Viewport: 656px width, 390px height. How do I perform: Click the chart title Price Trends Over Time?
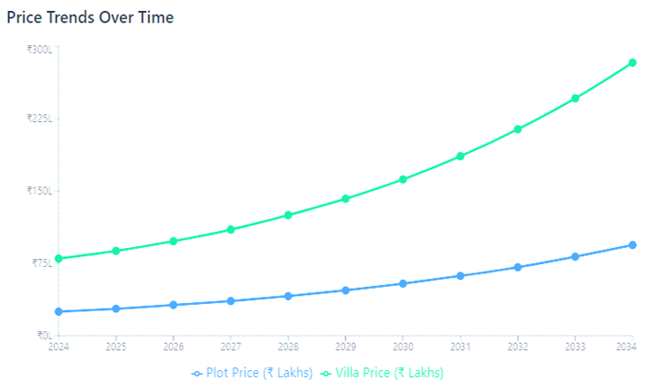click(x=90, y=17)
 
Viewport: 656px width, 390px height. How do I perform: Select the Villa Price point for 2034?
click(x=633, y=62)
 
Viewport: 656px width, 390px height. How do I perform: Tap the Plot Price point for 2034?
click(x=633, y=245)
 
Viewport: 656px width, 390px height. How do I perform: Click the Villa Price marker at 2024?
click(x=59, y=259)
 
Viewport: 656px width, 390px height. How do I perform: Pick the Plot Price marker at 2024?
click(x=59, y=311)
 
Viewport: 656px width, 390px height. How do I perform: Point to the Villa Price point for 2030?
click(x=403, y=179)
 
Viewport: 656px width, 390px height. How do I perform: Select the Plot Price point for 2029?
click(x=345, y=290)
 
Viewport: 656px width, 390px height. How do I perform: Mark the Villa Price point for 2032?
click(x=518, y=129)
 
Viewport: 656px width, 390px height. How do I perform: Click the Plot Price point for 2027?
click(x=230, y=300)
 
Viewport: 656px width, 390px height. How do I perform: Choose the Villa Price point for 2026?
click(x=173, y=241)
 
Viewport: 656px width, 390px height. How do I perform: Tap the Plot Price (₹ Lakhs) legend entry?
click(x=252, y=373)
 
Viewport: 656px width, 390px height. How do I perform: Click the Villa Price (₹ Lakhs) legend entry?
click(x=383, y=373)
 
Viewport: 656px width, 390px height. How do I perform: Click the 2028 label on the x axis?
click(x=288, y=347)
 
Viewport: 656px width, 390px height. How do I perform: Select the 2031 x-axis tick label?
click(x=460, y=347)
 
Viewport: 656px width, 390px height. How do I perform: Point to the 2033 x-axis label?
click(x=575, y=347)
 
